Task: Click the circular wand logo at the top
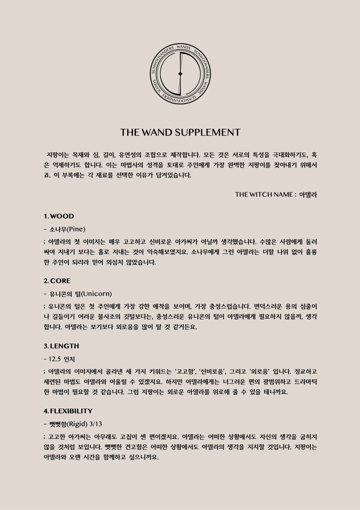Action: click(x=180, y=73)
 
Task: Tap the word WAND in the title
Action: click(x=154, y=132)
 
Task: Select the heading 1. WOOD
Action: click(x=58, y=216)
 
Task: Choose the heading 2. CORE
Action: click(x=57, y=281)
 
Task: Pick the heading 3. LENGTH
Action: click(x=61, y=346)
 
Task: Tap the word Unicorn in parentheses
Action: click(x=96, y=293)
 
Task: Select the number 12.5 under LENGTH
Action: click(x=56, y=359)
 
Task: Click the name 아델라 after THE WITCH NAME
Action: click(x=308, y=194)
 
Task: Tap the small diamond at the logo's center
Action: click(x=180, y=73)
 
